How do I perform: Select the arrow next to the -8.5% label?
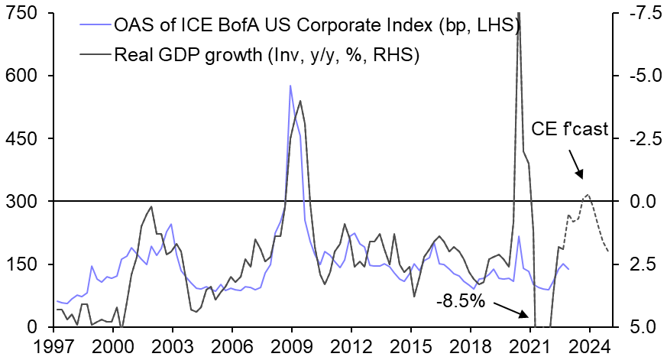(x=511, y=307)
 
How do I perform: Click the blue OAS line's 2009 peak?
(x=290, y=86)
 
